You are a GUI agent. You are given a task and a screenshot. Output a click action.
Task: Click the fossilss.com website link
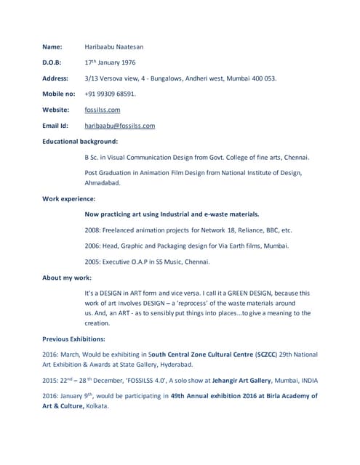(x=103, y=110)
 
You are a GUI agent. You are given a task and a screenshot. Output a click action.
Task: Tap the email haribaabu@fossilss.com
(x=120, y=126)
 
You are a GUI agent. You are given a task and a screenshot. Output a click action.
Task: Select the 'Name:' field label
(x=52, y=46)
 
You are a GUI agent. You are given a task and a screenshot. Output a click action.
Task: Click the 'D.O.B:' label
(x=52, y=62)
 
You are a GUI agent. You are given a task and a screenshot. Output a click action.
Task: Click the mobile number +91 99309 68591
(x=110, y=94)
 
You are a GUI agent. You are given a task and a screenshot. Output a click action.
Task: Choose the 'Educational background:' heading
(x=80, y=141)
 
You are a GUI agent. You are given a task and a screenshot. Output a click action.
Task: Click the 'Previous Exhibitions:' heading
(x=73, y=339)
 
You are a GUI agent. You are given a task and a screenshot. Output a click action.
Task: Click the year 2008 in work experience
(x=93, y=230)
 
